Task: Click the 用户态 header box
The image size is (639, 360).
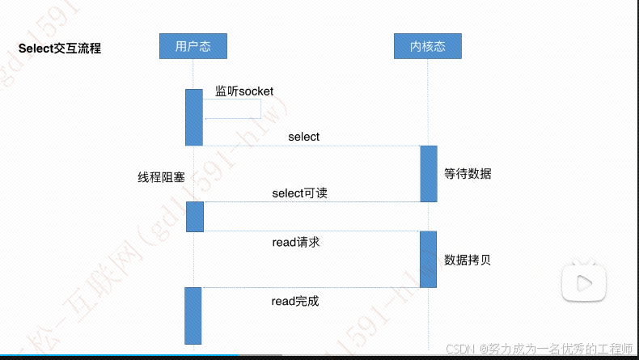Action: tap(193, 46)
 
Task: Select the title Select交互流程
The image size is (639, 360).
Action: tap(60, 49)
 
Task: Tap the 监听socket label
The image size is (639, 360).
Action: tap(244, 91)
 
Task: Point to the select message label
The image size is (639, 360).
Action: tap(303, 137)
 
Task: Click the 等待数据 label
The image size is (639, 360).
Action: tap(468, 174)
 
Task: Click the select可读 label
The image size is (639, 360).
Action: tap(299, 193)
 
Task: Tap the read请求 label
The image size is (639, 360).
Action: tap(296, 242)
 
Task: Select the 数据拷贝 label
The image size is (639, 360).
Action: tap(468, 260)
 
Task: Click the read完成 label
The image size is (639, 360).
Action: tap(295, 301)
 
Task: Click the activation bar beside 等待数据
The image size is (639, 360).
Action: tap(428, 173)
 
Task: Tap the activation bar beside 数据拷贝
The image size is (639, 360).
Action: tap(428, 259)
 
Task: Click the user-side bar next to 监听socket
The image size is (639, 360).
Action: tap(194, 117)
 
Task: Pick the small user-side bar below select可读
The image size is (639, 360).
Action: tap(195, 217)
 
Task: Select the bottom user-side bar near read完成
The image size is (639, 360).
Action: tap(193, 315)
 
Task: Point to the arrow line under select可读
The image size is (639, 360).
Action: tap(311, 202)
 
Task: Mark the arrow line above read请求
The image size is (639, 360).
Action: tap(311, 231)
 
